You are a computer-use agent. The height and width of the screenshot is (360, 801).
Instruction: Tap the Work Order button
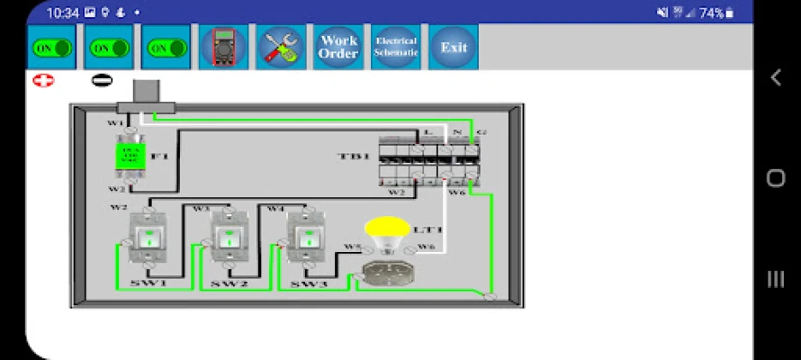[338, 47]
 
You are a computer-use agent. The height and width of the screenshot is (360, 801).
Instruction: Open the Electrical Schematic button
[396, 47]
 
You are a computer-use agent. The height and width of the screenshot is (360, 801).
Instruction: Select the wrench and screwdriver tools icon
[281, 47]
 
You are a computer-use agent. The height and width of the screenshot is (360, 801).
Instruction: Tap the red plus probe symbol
[42, 80]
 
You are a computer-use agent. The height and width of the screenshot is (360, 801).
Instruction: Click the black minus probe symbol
[102, 80]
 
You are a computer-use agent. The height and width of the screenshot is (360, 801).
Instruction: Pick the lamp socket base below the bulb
[385, 272]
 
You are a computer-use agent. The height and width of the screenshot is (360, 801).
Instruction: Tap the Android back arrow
[776, 78]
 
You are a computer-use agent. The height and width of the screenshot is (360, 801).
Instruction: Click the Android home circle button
[776, 178]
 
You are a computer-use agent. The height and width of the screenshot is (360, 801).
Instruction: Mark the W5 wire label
[352, 247]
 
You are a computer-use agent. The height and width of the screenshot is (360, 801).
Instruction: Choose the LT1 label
[425, 230]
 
